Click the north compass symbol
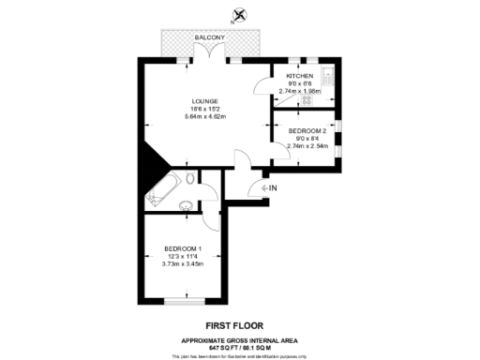[240, 15]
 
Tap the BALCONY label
[210, 37]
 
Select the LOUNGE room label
[204, 101]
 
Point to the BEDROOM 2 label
[307, 130]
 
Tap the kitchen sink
[327, 74]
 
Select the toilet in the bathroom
[191, 178]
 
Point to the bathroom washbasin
[187, 207]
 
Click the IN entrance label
[273, 189]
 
